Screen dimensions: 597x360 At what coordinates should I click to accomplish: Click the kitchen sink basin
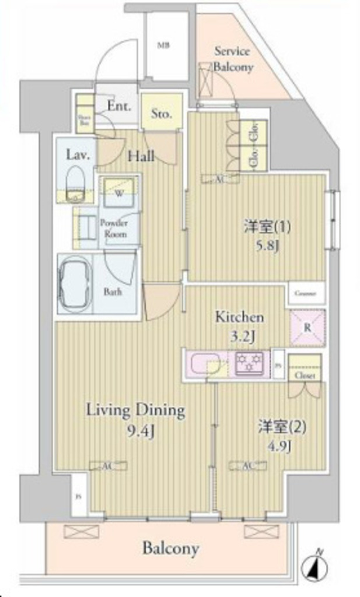[x=203, y=363]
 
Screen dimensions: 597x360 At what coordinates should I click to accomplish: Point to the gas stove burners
[x=249, y=363]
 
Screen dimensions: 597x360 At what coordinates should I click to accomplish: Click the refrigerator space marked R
[x=307, y=328]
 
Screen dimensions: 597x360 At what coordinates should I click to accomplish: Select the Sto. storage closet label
[x=161, y=114]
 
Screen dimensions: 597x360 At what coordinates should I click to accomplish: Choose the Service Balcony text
[x=233, y=59]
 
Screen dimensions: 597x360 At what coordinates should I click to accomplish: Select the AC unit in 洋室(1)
[x=221, y=180]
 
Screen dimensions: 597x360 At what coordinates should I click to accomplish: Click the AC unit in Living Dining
[x=100, y=464]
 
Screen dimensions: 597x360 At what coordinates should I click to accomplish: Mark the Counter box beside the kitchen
[x=305, y=294]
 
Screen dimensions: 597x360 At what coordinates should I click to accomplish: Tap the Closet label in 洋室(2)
[x=305, y=376]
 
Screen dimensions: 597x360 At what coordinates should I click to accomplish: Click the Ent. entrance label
[x=119, y=106]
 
